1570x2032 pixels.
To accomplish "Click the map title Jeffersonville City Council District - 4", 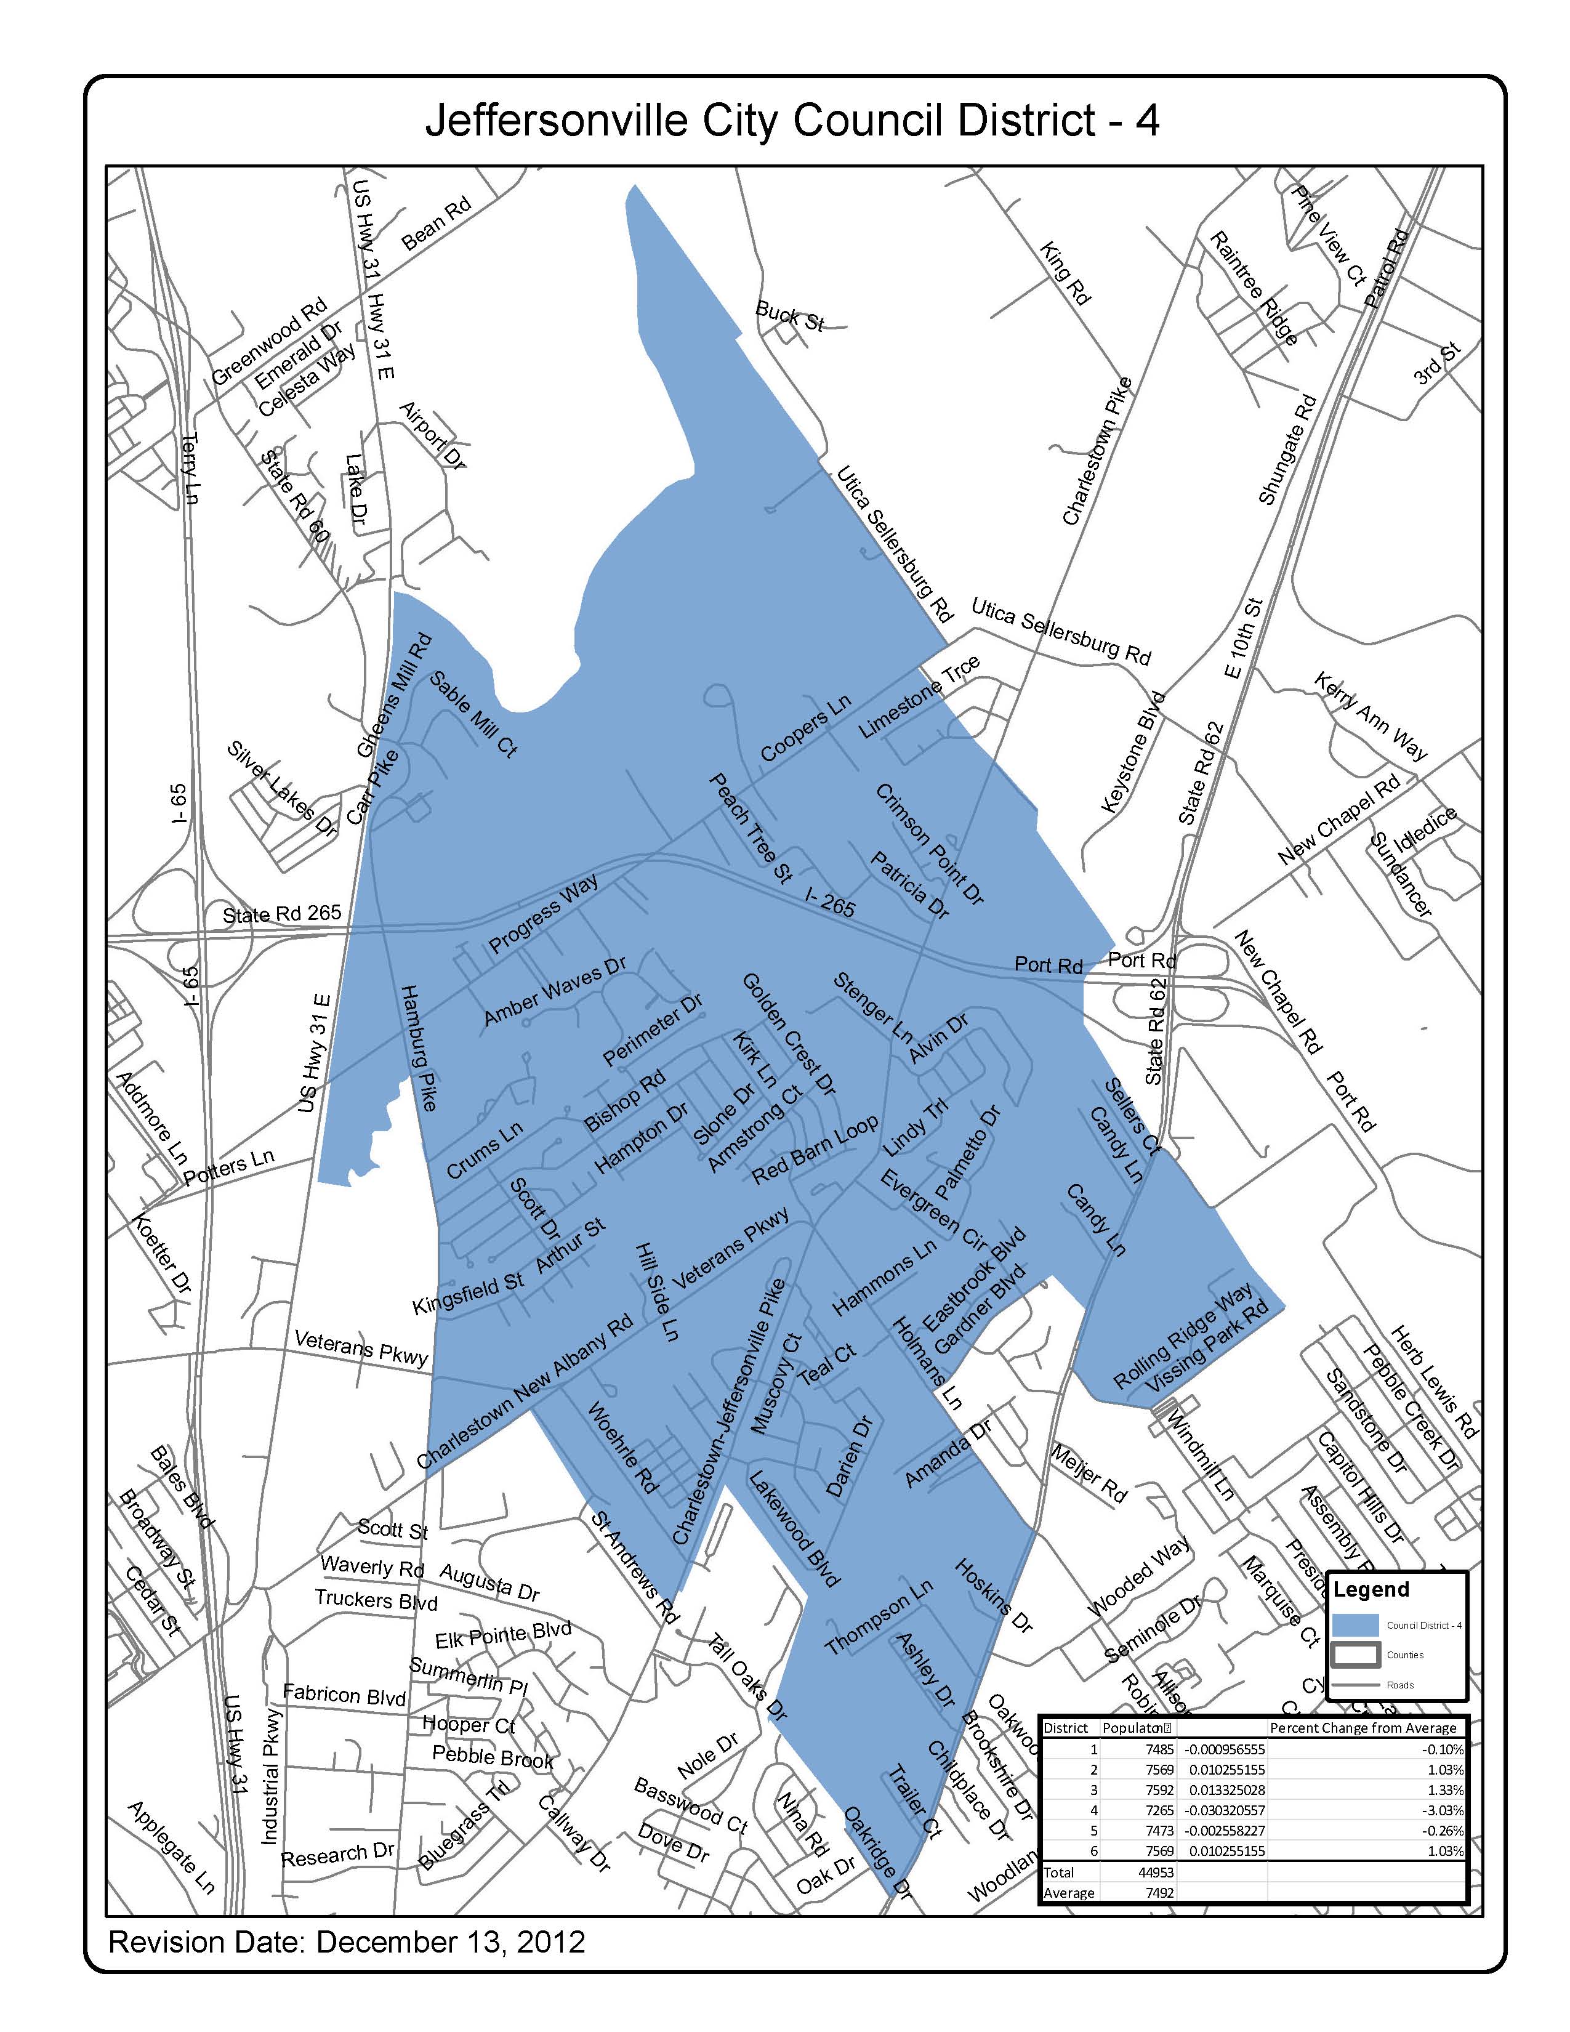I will click(x=792, y=122).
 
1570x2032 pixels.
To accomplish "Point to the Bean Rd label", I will click(x=437, y=224).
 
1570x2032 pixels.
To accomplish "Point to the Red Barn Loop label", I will click(x=815, y=1150).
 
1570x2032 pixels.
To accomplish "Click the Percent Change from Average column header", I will click(x=1363, y=1728).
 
